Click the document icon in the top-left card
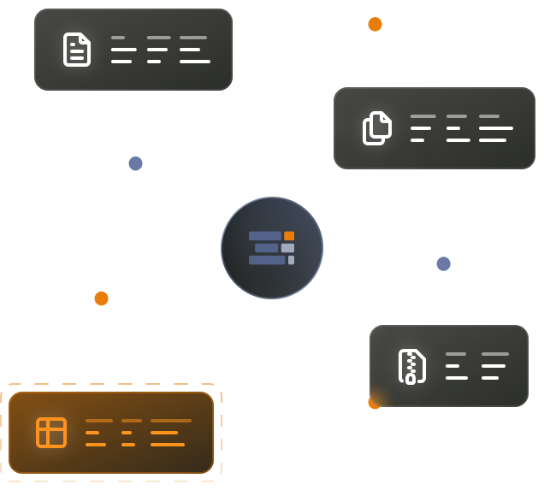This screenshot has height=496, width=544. coord(77,50)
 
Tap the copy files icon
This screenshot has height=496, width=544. coord(377,128)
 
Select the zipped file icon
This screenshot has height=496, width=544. coord(411,366)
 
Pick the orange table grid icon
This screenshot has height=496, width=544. coord(51,432)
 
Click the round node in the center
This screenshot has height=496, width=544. coord(272,248)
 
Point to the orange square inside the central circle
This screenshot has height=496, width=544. coord(289,236)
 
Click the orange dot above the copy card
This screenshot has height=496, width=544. coord(375,24)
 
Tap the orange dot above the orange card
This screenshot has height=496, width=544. coord(101,298)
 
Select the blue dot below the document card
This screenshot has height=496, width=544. coord(135,163)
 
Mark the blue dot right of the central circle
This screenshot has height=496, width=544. coord(443,263)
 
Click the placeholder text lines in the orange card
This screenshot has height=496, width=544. coord(138,433)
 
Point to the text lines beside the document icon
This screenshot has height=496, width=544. coord(160,50)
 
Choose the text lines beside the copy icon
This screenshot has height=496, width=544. coord(461,128)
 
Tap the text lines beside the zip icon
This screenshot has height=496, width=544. coord(476,366)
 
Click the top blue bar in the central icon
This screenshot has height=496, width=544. coord(265,236)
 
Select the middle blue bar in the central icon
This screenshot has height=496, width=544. coord(267,248)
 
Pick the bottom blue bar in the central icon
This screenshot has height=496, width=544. coord(267,260)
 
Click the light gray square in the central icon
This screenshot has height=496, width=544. coord(287,248)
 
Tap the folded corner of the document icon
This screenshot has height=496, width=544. coord(85,38)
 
